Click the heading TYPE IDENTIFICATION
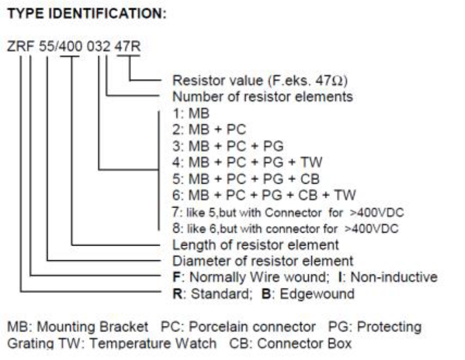pyautogui.click(x=86, y=15)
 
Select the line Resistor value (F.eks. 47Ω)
pyautogui.click(x=259, y=81)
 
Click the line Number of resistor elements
pyautogui.click(x=262, y=97)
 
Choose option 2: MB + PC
pyautogui.click(x=209, y=130)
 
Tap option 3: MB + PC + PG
pyautogui.click(x=227, y=146)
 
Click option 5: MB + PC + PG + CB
pyautogui.click(x=246, y=178)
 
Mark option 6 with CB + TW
pyautogui.click(x=264, y=195)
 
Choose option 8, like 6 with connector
pyautogui.click(x=285, y=228)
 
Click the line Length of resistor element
pyautogui.click(x=256, y=244)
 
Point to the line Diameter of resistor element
pyautogui.click(x=263, y=260)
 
